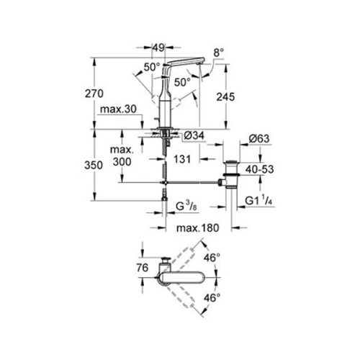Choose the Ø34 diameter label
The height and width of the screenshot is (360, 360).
tap(191, 138)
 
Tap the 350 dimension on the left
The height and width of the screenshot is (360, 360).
tap(106, 165)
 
